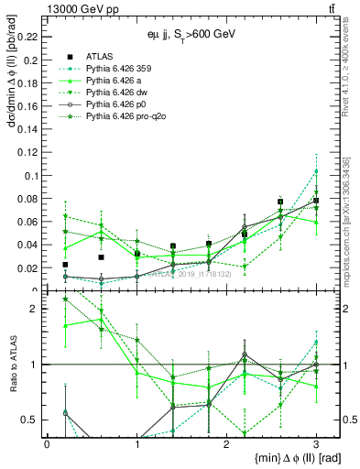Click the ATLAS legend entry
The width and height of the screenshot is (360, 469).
click(99, 57)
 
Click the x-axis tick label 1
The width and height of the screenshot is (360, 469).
click(136, 444)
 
